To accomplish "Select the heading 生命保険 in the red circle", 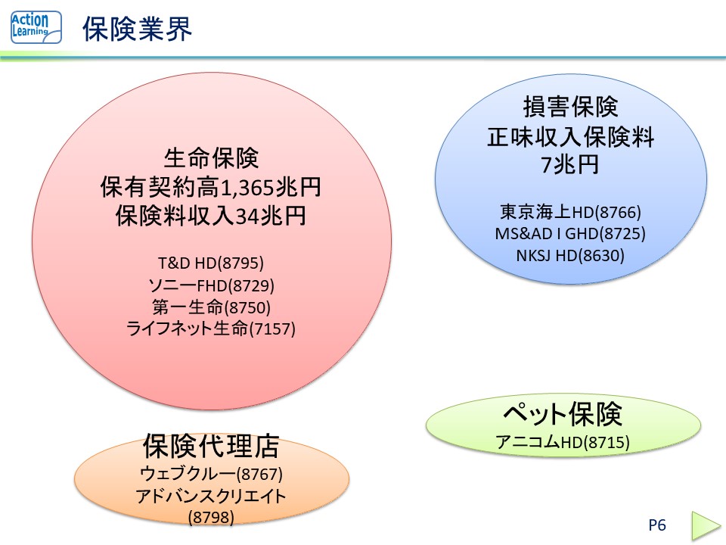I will click(x=211, y=159).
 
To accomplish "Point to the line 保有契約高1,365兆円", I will click(x=211, y=187).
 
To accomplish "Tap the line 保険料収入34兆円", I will click(x=211, y=216).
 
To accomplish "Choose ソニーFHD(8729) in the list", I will click(x=211, y=285).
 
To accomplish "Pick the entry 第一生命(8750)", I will click(x=211, y=307).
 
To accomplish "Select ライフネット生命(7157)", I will click(x=211, y=329).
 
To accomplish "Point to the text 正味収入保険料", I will click(x=570, y=137).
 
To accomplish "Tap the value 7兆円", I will click(x=570, y=164).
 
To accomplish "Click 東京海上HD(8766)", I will click(x=570, y=212).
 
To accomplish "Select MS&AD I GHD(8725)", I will click(x=570, y=233).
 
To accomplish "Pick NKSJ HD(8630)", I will click(x=570, y=255).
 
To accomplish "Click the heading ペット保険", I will click(x=563, y=414).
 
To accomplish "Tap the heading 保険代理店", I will click(x=211, y=447).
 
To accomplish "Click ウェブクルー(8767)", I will click(x=211, y=475).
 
